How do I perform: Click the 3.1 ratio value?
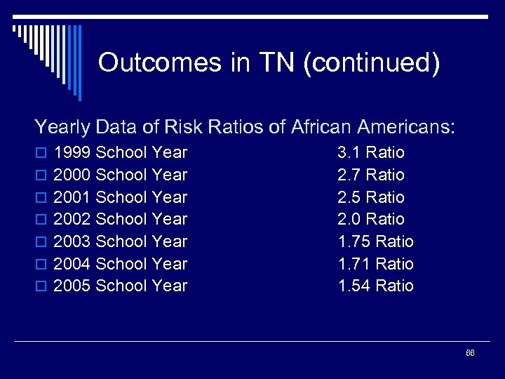pos(349,152)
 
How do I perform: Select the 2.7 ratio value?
pos(349,175)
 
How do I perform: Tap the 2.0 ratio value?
pos(349,219)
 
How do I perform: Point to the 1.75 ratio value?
pos(354,241)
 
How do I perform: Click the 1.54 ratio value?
pos(354,286)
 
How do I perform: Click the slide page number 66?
pos(470,353)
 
